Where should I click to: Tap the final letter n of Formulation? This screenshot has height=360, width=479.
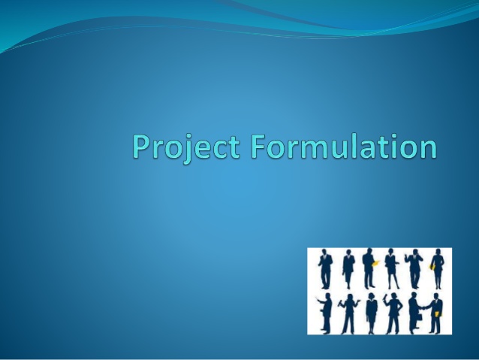click(426, 148)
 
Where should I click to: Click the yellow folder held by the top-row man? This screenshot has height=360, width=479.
click(374, 263)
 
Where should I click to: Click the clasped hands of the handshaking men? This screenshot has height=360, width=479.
click(423, 308)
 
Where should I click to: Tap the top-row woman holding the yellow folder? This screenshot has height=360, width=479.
click(437, 269)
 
